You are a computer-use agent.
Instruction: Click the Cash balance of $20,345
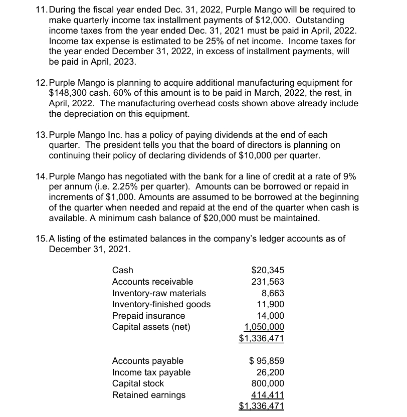[267, 271]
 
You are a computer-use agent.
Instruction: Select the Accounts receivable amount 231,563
[268, 282]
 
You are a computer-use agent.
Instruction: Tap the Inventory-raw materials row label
[159, 293]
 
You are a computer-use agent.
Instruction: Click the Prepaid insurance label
[148, 316]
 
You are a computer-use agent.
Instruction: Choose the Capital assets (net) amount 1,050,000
[264, 327]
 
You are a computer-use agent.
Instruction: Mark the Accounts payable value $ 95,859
[267, 361]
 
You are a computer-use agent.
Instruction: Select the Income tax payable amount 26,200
[271, 372]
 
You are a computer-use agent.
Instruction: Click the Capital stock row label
[138, 383]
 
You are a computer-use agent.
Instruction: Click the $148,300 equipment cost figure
[68, 93]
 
